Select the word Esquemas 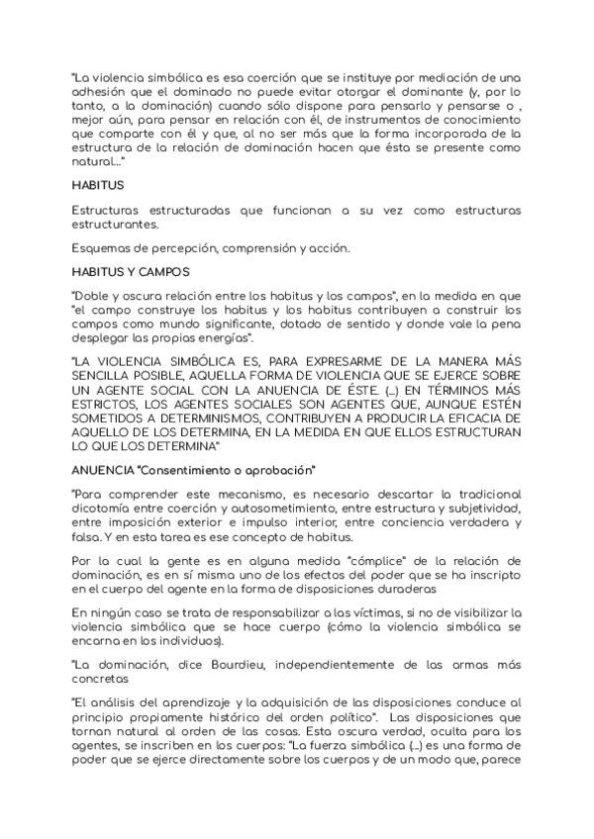(x=102, y=248)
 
